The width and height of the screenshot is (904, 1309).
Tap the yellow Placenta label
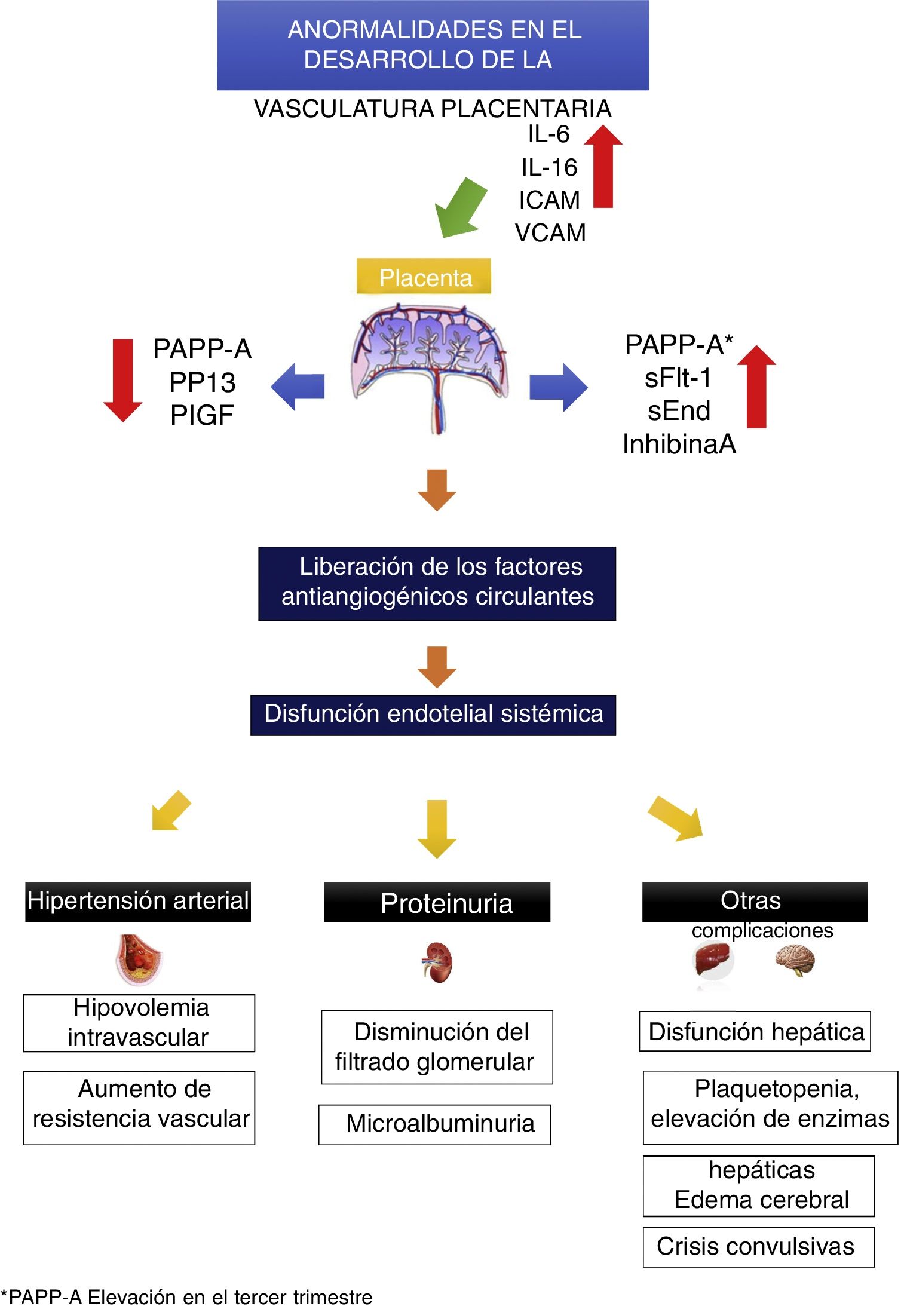424,277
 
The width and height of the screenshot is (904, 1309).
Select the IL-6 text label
548,134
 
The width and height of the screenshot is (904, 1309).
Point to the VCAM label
550,233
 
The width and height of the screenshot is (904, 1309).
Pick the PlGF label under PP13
202,415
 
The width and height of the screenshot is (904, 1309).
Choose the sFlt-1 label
678,378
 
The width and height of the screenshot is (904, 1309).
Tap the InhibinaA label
679,444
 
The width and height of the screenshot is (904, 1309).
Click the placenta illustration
430,364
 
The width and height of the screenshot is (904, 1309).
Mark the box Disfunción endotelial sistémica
433,715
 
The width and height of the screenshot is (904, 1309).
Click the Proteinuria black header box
437,902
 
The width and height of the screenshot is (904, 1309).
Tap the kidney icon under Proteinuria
438,962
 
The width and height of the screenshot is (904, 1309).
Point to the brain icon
795,959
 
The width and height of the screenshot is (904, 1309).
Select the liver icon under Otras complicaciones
713,959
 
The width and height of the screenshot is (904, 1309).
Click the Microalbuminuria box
434,1124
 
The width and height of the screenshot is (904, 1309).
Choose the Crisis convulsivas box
758,1247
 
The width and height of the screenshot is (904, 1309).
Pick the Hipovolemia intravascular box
139,1023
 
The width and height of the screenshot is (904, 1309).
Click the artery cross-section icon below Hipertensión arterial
139,959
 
